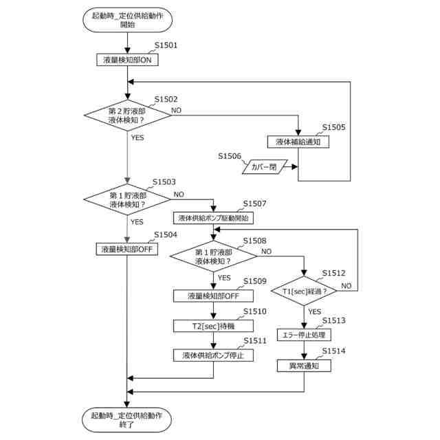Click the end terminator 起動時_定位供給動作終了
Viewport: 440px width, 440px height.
(127, 419)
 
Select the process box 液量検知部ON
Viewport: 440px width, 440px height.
(127, 60)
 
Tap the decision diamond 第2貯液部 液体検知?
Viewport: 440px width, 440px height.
(127, 115)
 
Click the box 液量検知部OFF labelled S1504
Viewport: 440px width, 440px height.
(127, 249)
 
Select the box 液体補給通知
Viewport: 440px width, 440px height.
(298, 142)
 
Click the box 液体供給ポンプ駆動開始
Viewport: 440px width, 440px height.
(213, 218)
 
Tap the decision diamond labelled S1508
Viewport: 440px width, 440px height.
(213, 256)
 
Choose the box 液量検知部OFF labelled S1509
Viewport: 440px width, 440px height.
(213, 296)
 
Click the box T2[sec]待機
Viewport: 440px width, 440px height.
(213, 325)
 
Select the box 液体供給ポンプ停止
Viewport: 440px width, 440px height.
(213, 355)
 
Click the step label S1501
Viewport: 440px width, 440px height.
(166, 46)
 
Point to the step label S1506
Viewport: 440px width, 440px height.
(230, 156)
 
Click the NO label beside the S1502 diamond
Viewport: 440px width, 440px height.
(177, 110)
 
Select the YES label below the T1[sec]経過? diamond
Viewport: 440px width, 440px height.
(314, 311)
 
